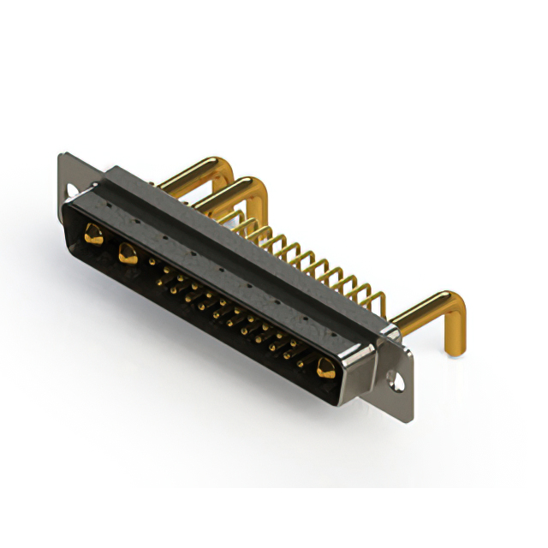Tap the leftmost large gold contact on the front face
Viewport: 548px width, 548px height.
click(91, 230)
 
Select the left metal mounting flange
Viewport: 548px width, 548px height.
click(68, 176)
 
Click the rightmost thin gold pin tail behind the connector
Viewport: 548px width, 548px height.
click(377, 302)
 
